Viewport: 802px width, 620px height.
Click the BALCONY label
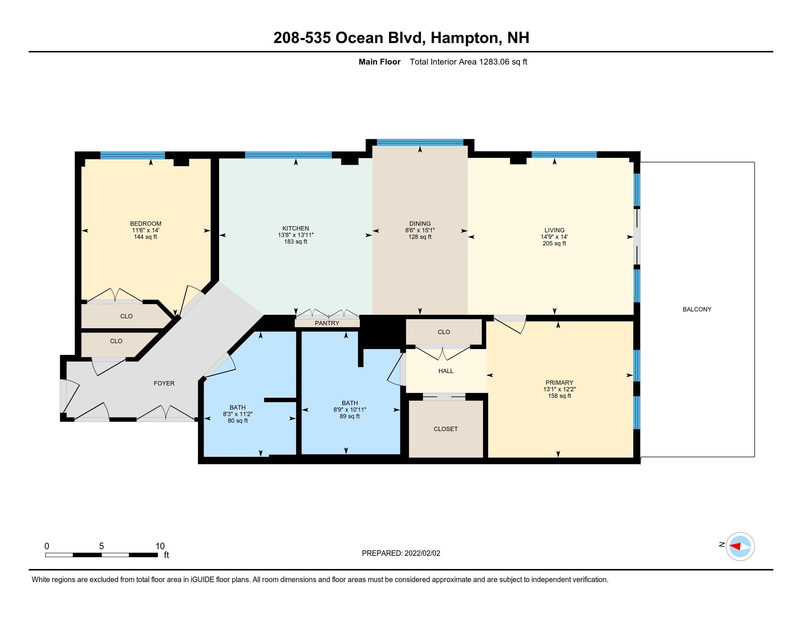[x=697, y=309]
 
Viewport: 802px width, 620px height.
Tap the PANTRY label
[x=327, y=323]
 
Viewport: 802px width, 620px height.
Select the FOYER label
[x=164, y=383]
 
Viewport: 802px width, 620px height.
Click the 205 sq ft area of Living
[x=554, y=244]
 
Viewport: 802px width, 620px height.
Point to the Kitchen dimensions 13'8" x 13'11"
[x=296, y=235]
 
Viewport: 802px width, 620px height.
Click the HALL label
[x=445, y=371]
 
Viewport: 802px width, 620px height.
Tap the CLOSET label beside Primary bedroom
[x=445, y=429]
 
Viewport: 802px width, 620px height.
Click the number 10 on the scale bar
[x=160, y=546]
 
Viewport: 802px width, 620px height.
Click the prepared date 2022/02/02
[x=422, y=553]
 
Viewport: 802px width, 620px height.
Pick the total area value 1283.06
[x=494, y=62]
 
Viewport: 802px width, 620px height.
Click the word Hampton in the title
[x=466, y=38]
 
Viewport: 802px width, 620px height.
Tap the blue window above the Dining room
[x=420, y=143]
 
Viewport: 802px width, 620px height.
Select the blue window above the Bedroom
[x=133, y=155]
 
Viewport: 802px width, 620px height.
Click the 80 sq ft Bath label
[x=238, y=421]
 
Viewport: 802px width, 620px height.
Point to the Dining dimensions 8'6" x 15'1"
[x=420, y=230]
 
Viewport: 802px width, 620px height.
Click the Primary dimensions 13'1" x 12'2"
[x=559, y=389]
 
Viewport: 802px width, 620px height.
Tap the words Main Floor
[x=379, y=62]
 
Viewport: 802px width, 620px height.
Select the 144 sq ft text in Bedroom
[x=145, y=237]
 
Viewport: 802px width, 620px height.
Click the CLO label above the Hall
[x=444, y=332]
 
